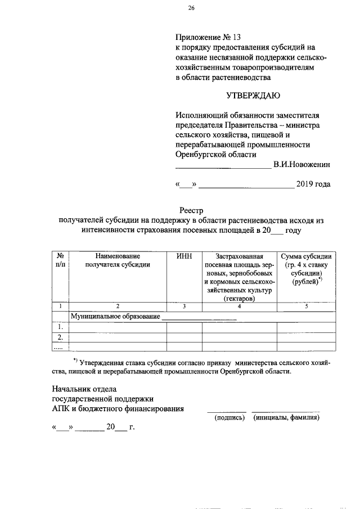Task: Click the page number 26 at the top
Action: point(191,8)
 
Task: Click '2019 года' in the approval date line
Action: point(313,184)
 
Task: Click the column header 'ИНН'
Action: point(184,256)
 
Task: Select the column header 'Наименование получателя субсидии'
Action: point(118,260)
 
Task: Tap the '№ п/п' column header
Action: point(60,260)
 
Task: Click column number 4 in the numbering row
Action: point(239,306)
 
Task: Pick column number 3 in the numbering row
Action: point(184,306)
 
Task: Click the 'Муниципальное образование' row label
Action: point(115,317)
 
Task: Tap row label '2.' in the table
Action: point(60,337)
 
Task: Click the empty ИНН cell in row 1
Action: point(184,327)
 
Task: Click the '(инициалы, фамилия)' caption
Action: point(286,418)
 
